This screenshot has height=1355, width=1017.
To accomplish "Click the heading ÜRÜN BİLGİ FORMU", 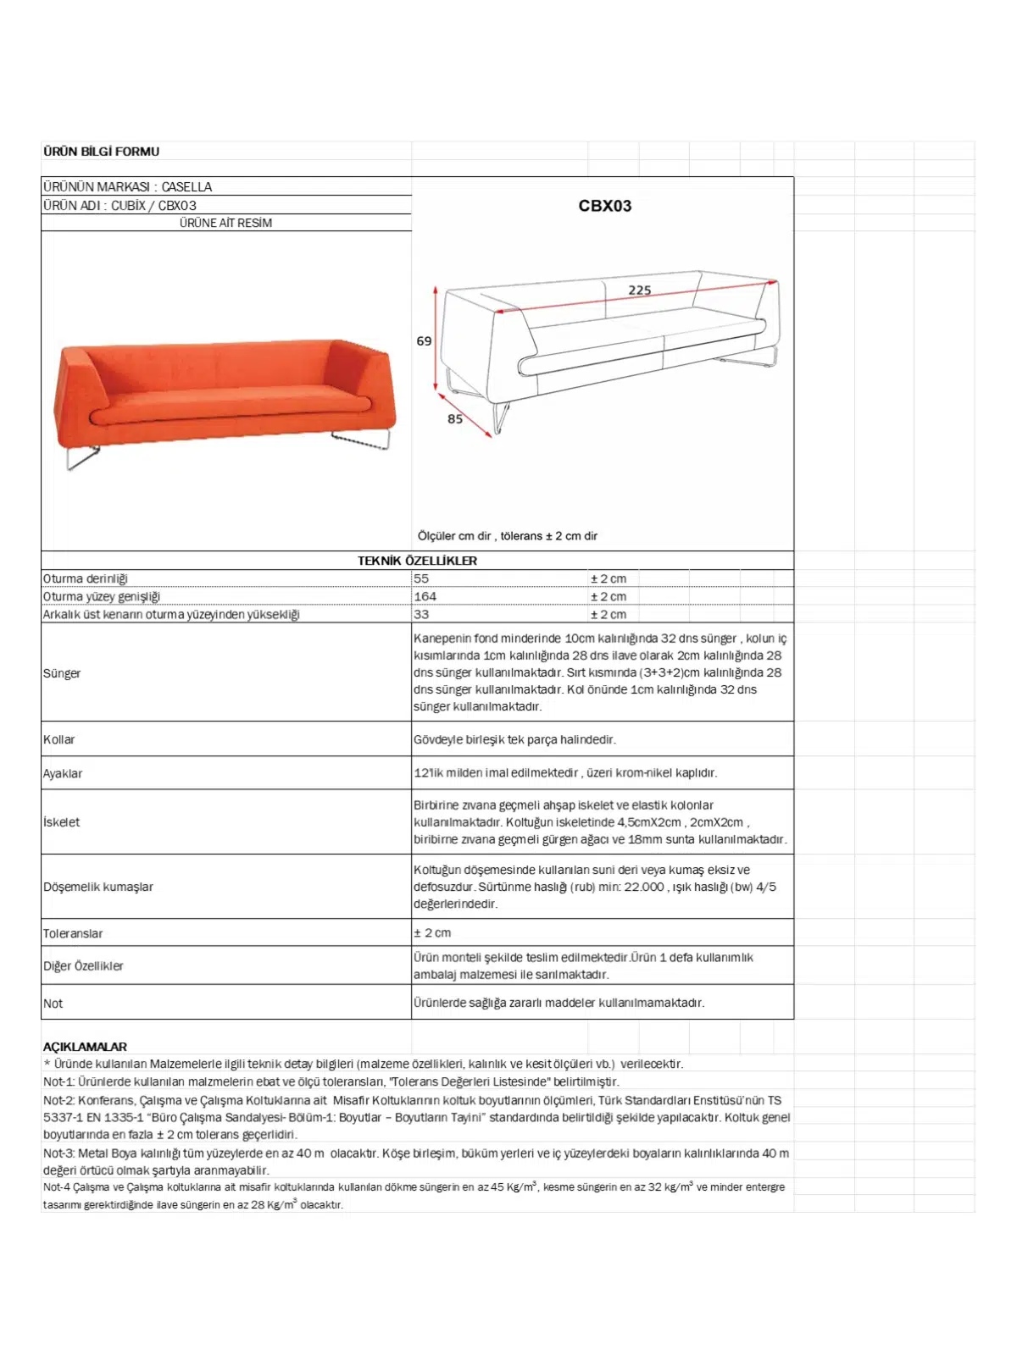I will pos(101,152).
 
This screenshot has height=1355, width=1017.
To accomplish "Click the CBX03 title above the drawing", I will pos(604,206).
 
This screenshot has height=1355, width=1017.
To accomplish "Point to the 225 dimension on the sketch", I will pos(640,290).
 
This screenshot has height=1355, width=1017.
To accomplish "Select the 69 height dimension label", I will pos(424,341).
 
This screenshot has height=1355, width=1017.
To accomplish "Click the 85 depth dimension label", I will pos(455,419).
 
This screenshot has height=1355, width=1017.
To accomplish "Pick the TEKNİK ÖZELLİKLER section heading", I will pos(417,561).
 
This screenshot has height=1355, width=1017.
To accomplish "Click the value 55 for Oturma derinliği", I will pos(421,578).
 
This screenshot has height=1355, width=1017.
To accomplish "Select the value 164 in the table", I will pos(425,596).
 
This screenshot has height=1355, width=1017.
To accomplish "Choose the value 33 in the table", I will pos(421,614).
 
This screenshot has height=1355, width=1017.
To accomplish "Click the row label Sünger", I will pos(62,673).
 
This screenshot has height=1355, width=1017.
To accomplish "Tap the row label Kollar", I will pos(59,739).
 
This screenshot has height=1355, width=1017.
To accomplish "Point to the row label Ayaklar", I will pos(63,773).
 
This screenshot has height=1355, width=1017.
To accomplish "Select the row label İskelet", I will pos(61,821).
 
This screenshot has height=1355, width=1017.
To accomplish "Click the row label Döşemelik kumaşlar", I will pos(98,887).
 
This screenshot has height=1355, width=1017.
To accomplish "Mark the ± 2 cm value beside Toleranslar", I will pos(432,932).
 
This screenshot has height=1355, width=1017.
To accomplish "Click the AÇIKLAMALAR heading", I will pos(85,1047).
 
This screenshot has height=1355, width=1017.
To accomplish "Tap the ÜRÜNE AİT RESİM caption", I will pos(225,223).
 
